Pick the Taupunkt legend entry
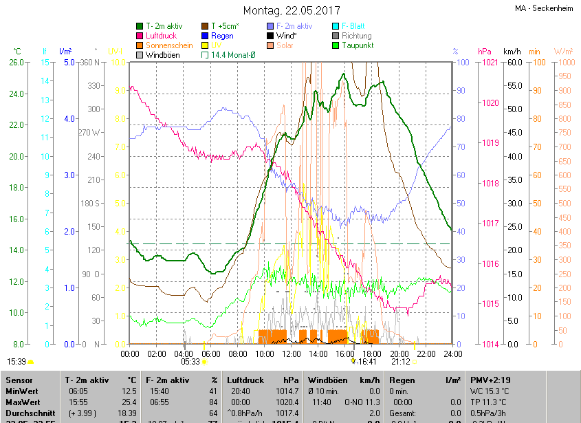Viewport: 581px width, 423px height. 357,45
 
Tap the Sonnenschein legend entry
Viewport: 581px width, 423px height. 168,45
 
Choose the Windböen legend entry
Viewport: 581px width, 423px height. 164,55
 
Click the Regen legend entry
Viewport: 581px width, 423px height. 222,36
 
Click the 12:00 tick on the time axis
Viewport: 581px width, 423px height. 291,354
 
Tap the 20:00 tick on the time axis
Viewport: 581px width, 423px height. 399,354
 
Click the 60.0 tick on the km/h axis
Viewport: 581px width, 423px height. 513,63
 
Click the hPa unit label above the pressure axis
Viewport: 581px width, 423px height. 484,52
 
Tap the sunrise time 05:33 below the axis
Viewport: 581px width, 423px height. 190,362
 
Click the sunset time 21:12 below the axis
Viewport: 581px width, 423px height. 400,362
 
